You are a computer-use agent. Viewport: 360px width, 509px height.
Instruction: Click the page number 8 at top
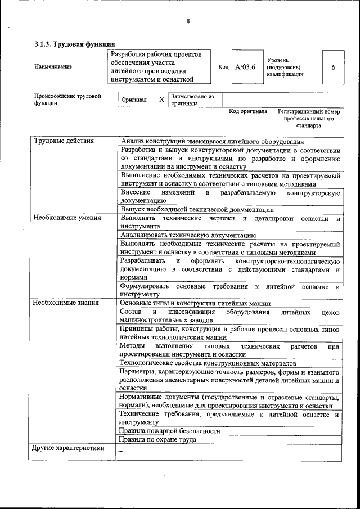click(x=188, y=21)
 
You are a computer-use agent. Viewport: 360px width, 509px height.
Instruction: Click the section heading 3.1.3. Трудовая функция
click(x=75, y=44)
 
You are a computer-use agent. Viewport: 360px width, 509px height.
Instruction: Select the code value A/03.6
click(x=246, y=67)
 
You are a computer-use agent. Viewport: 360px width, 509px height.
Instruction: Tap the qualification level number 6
click(x=334, y=67)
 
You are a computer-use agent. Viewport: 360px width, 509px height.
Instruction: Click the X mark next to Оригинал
click(x=161, y=100)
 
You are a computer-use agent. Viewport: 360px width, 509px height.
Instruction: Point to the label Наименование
click(x=53, y=67)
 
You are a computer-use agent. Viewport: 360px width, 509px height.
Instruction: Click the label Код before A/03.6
click(x=223, y=67)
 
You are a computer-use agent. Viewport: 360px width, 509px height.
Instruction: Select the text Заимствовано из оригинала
click(x=193, y=100)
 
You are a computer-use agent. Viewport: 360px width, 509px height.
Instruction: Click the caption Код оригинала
click(x=248, y=111)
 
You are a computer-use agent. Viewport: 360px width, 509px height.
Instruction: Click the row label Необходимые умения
click(x=67, y=217)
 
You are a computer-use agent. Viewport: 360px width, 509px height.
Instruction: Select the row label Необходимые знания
click(x=66, y=303)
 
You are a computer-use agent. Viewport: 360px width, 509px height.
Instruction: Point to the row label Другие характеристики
click(x=69, y=448)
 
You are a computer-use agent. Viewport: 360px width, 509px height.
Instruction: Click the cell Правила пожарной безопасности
click(x=169, y=431)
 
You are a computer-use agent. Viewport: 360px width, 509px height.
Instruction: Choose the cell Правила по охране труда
click(x=158, y=439)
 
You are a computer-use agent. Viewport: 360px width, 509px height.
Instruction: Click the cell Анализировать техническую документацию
click(x=188, y=235)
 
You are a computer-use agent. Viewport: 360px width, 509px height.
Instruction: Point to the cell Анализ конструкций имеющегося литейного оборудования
click(x=212, y=142)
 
